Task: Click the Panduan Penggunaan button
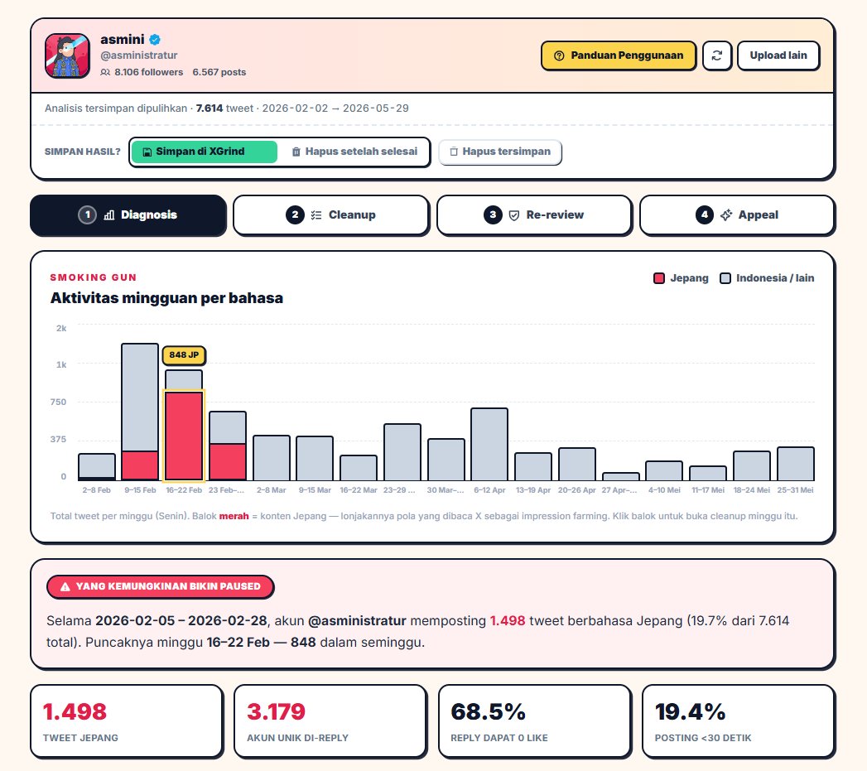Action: coord(619,55)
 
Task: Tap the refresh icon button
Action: coord(717,55)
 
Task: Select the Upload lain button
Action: coord(778,55)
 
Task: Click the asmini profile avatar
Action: coord(67,55)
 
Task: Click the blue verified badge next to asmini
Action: coord(155,39)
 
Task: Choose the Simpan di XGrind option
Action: coord(204,152)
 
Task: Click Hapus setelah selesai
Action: coord(354,152)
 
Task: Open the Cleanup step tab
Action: coord(331,215)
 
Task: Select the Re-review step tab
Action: coord(534,215)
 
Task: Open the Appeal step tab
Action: coord(737,215)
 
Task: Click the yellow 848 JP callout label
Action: coord(184,355)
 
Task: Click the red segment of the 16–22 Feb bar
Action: coord(184,436)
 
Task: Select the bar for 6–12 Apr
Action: coord(489,444)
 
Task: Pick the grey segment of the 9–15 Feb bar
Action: coord(140,398)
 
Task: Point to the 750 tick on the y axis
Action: coord(58,402)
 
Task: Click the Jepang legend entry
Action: coord(681,278)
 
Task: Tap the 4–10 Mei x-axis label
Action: coord(664,490)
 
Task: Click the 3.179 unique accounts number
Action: coord(276,712)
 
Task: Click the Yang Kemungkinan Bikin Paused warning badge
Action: coord(161,587)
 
